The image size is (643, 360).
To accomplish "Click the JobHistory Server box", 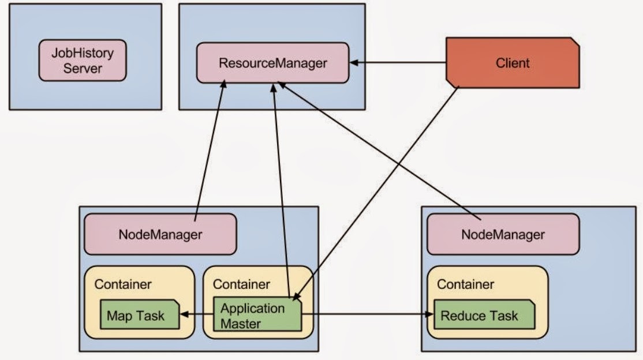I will coord(83,60).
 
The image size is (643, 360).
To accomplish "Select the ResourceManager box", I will coord(273,62).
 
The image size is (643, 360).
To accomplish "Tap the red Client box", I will coord(513,63).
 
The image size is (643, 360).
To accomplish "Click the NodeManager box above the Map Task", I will coord(160,234).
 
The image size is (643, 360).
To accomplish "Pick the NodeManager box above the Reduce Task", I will coord(503,235).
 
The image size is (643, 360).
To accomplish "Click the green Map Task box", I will coord(136,316).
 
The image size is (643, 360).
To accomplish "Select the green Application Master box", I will coord(258,316).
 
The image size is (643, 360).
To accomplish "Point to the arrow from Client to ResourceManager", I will coord(398,62).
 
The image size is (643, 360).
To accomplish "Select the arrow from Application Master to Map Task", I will coord(196,314).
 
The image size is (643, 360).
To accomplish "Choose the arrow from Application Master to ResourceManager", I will coord(279,190).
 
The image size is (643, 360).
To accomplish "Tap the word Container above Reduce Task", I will coord(465,284).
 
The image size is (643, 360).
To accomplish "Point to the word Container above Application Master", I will coord(241,284).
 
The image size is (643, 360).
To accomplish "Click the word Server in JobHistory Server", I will coord(83,69).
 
